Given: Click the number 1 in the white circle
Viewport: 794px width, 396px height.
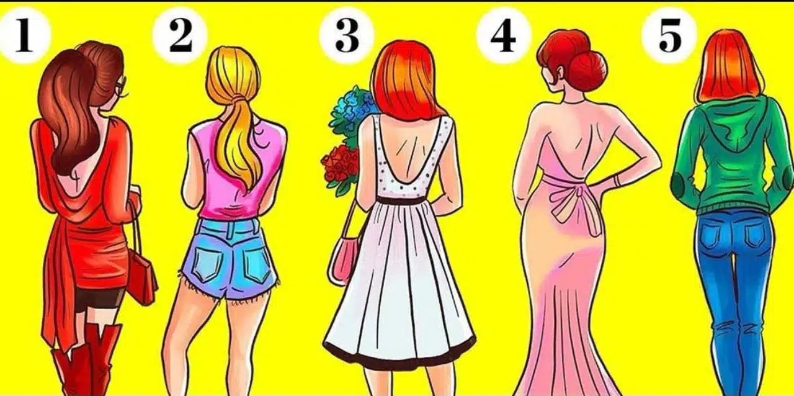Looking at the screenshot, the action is (24, 35).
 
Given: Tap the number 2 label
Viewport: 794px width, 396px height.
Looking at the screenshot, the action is (181, 35).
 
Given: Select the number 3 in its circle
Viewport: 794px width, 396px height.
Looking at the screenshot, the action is (347, 35).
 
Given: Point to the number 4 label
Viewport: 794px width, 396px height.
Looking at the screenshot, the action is (503, 35).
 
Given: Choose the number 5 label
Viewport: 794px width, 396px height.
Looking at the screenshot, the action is (669, 35).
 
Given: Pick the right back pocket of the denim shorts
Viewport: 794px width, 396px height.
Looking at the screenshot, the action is (257, 263).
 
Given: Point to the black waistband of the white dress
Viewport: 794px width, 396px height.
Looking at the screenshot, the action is (401, 201).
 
